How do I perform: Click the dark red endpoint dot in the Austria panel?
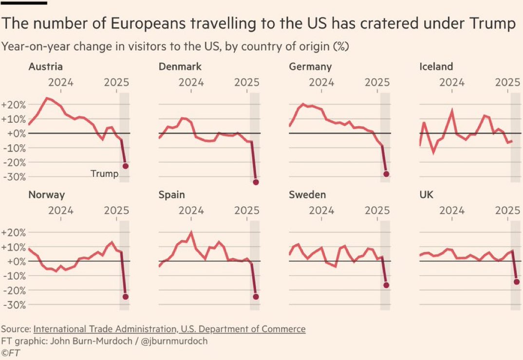click(125, 166)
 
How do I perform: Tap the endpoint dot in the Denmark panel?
click(256, 182)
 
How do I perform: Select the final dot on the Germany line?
click(386, 174)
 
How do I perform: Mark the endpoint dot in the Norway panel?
click(126, 297)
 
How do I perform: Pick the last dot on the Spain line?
click(256, 297)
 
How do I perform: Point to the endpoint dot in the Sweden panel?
click(386, 285)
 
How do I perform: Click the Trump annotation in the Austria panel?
click(104, 173)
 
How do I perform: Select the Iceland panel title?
click(436, 67)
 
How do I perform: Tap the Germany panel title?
click(310, 67)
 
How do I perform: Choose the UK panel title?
click(426, 195)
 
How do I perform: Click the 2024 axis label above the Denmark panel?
click(191, 82)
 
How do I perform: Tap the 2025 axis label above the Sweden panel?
click(377, 210)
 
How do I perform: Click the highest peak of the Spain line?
click(191, 232)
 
